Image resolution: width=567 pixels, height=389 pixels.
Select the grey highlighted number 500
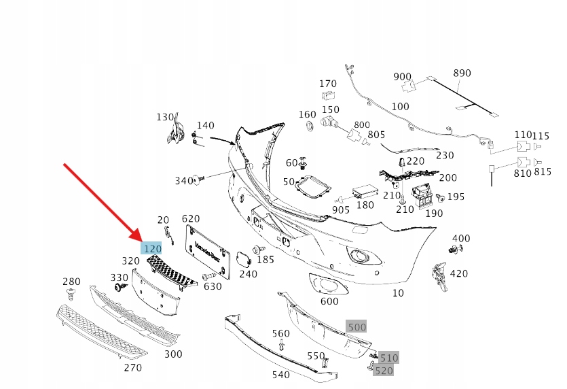click(x=356, y=326)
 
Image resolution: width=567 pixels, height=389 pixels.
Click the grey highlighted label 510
click(x=388, y=358)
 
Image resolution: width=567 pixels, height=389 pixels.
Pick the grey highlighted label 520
click(x=384, y=371)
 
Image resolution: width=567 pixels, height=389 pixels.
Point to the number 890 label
click(x=462, y=73)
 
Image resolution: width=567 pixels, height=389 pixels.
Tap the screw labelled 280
click(x=71, y=294)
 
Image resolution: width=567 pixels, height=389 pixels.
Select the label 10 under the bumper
click(x=398, y=293)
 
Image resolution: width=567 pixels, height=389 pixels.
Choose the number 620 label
click(x=191, y=218)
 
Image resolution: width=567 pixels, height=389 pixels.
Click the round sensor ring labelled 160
click(x=307, y=127)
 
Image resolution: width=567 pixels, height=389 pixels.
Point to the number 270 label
click(x=132, y=368)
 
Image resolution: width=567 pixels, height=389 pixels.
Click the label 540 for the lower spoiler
click(x=280, y=375)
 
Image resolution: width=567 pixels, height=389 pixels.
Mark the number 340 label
click(x=184, y=180)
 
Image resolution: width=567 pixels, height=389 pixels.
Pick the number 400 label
click(x=461, y=238)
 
